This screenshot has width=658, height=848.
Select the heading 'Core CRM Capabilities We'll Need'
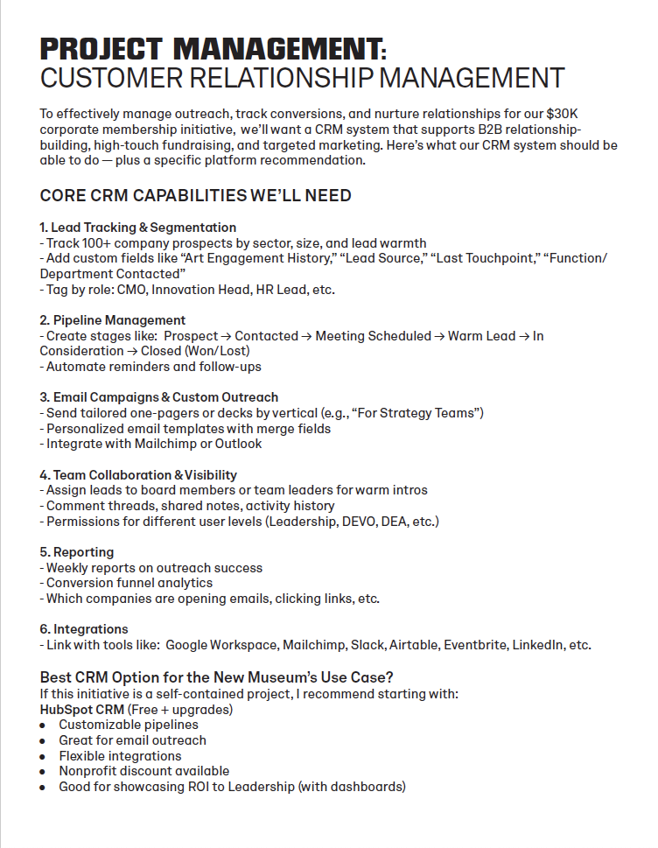pos(196,195)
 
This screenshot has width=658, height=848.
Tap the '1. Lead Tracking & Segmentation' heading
pos(138,228)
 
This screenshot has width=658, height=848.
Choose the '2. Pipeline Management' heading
pos(113,320)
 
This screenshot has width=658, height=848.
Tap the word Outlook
pos(237,444)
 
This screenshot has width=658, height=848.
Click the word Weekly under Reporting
pos(68,568)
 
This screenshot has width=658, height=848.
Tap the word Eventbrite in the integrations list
pos(475,645)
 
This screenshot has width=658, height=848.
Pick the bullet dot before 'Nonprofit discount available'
pos(44,771)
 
